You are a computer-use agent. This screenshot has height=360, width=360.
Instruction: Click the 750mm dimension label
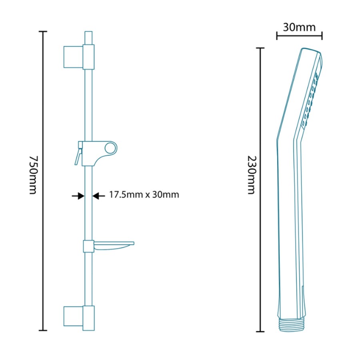click(x=33, y=175)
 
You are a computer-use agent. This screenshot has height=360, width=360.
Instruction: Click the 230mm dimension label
click(x=252, y=175)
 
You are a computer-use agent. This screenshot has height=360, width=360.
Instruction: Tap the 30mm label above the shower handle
click(x=299, y=27)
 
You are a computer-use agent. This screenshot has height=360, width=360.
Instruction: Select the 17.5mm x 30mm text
click(x=144, y=195)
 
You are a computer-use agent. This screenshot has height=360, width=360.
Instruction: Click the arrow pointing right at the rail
click(x=78, y=196)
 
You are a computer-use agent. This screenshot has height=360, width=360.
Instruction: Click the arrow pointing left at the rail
click(x=99, y=196)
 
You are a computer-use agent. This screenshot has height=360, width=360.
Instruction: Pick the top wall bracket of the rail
click(x=79, y=57)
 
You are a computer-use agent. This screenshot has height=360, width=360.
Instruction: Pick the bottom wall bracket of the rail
click(x=79, y=318)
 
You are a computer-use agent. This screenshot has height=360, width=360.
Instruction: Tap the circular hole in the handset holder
click(x=110, y=148)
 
